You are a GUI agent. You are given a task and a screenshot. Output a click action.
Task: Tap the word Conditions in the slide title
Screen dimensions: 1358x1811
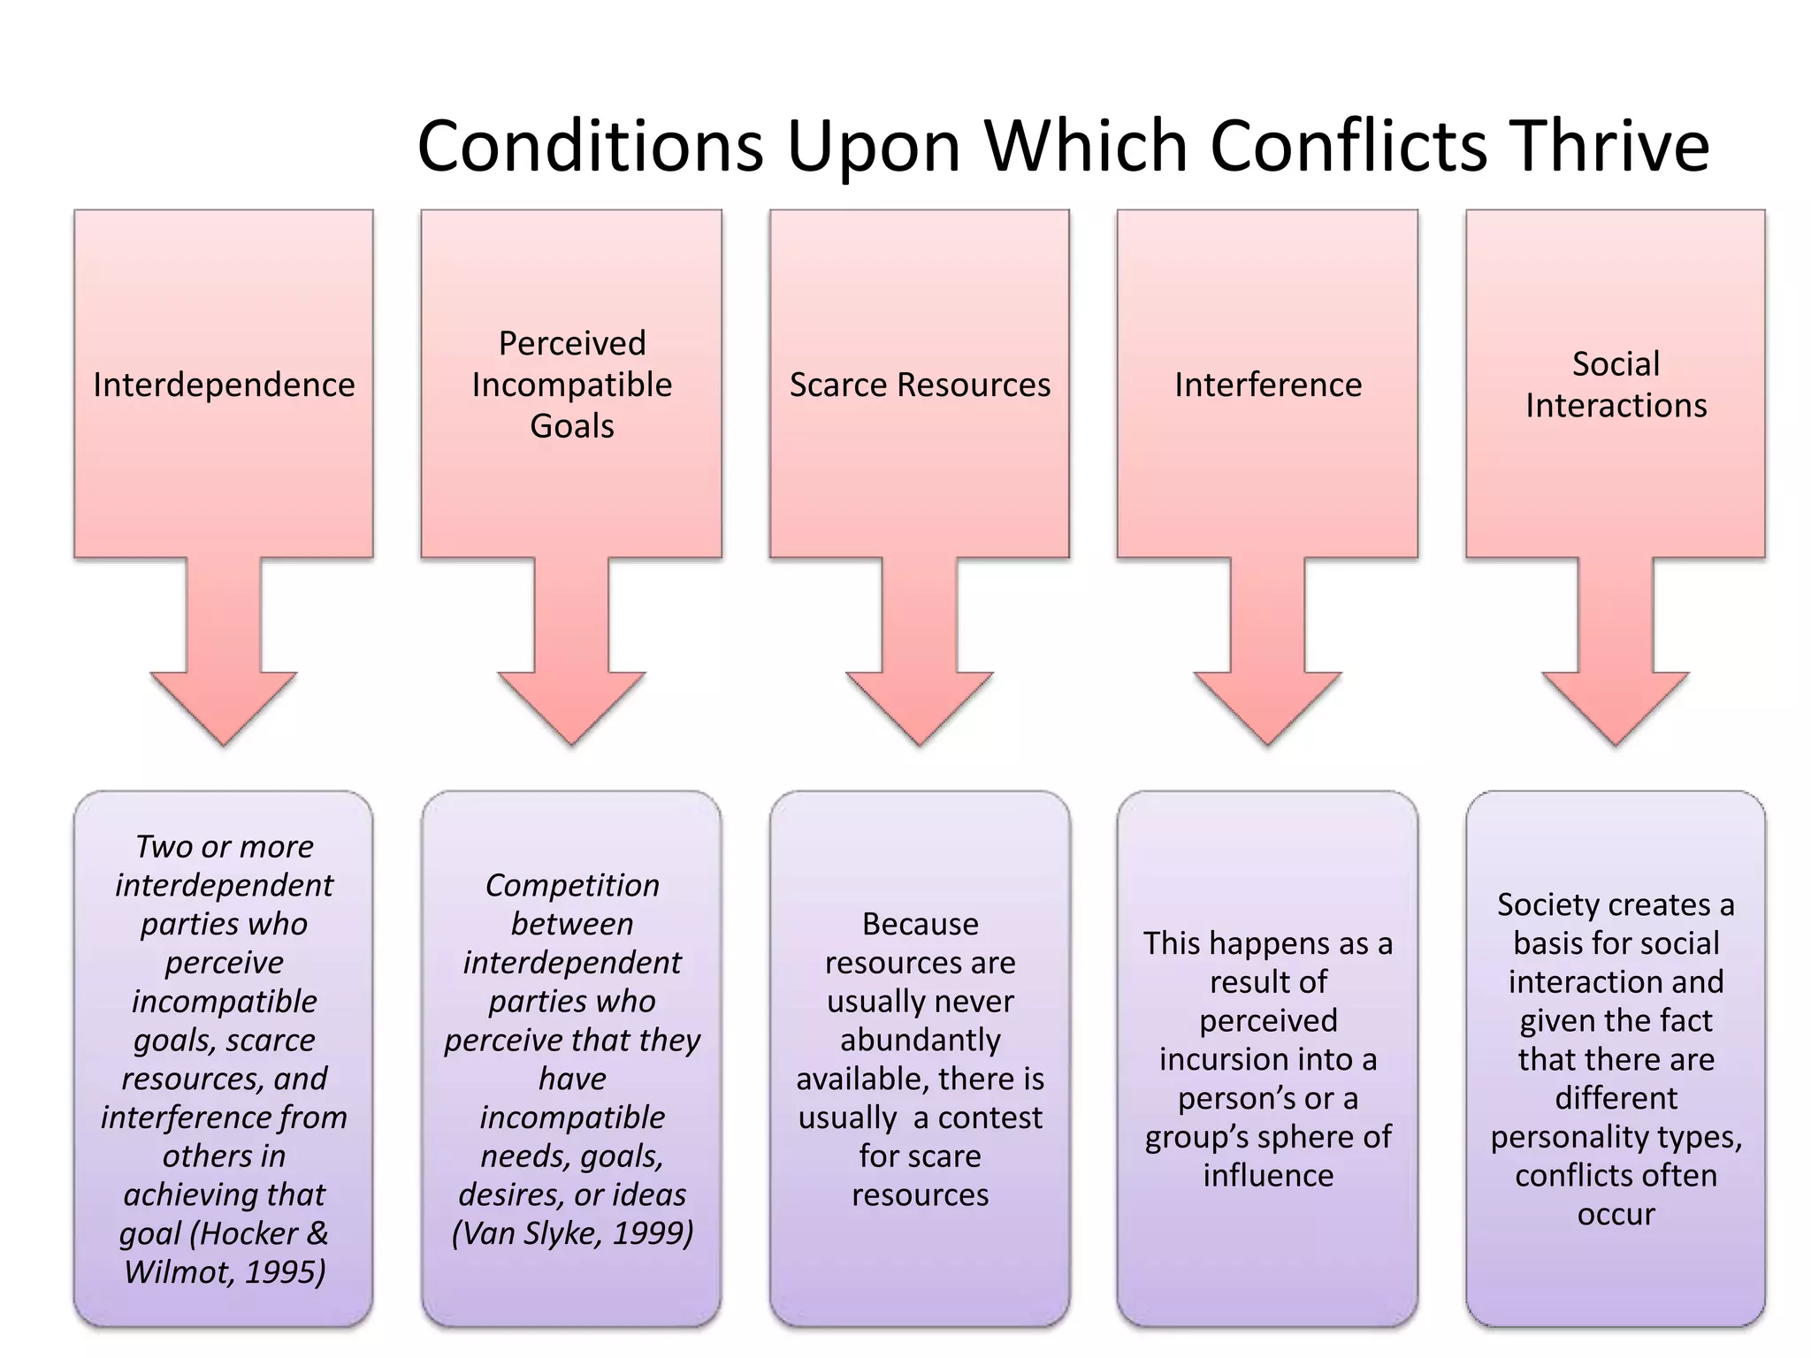(590, 146)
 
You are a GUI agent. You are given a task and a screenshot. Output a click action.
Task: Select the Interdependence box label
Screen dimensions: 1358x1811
(224, 385)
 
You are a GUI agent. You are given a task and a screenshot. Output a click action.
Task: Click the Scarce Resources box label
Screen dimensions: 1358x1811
(920, 385)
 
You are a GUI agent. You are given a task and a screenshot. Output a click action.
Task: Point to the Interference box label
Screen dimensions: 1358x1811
(1268, 385)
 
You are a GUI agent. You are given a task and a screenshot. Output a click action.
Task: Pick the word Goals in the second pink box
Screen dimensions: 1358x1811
(572, 426)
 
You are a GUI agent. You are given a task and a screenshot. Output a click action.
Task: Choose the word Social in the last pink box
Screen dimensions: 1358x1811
(1616, 364)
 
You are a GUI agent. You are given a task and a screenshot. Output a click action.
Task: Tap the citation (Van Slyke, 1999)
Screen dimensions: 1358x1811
(572, 1233)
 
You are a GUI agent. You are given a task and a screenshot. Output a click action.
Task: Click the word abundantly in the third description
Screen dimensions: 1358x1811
(920, 1041)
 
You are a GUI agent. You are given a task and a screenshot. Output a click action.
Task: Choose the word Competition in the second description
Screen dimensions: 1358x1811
(572, 886)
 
